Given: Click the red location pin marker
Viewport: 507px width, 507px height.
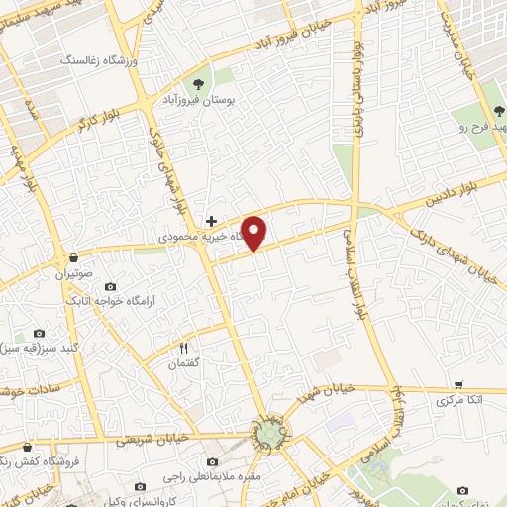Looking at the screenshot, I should pyautogui.click(x=255, y=232).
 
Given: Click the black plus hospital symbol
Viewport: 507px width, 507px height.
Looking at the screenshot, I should pyautogui.click(x=210, y=220).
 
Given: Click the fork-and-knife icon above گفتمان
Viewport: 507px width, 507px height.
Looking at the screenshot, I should pyautogui.click(x=183, y=348).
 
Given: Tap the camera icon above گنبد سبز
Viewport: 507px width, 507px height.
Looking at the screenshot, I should pyautogui.click(x=39, y=334).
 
